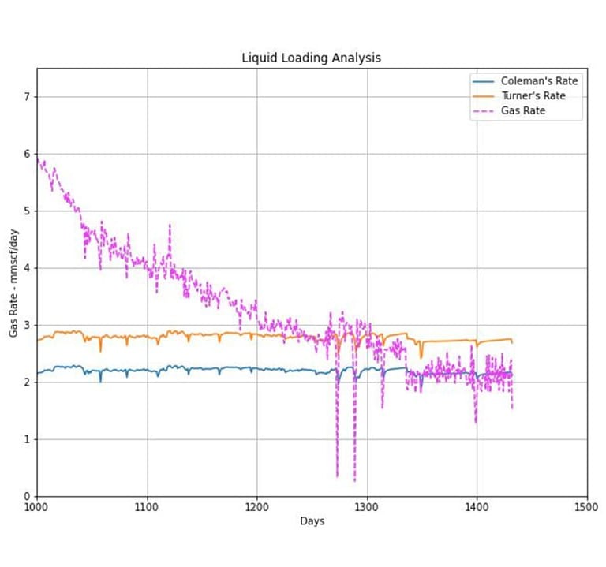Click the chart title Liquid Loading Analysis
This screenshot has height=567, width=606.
click(311, 58)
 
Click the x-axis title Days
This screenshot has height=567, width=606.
click(312, 521)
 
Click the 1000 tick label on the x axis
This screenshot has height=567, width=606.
click(36, 506)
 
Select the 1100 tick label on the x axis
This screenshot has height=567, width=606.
click(147, 506)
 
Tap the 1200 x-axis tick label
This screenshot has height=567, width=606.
click(256, 506)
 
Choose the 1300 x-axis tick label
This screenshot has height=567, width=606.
click(367, 506)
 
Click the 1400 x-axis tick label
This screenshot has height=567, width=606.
click(477, 506)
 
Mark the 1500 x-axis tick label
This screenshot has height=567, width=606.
click(586, 506)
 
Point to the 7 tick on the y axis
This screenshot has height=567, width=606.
click(27, 97)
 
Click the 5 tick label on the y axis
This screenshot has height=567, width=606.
click(27, 211)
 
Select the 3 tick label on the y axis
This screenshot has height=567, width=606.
click(27, 326)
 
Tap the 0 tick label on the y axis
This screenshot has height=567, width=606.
click(27, 496)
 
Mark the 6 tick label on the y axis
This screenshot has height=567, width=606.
click(27, 155)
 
